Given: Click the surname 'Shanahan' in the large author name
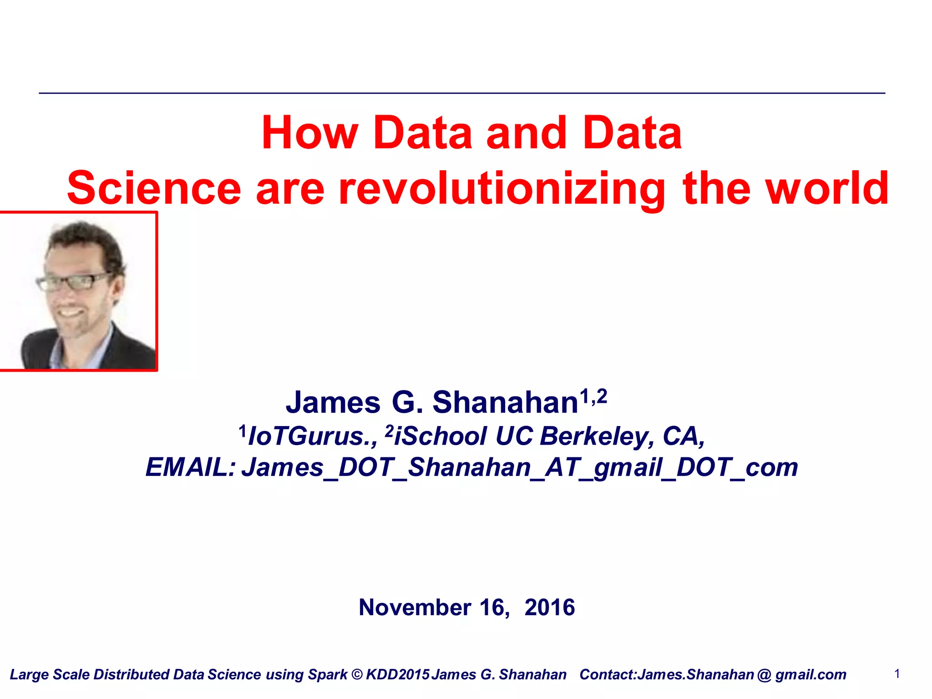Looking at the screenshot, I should (505, 403).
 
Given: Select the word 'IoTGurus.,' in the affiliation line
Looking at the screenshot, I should (313, 436).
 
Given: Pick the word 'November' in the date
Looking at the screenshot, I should (415, 608).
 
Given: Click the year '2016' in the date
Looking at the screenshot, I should (550, 608).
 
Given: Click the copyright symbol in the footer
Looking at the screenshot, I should (357, 674).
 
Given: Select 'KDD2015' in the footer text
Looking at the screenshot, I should (398, 674).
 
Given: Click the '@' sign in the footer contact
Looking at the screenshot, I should (765, 674).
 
